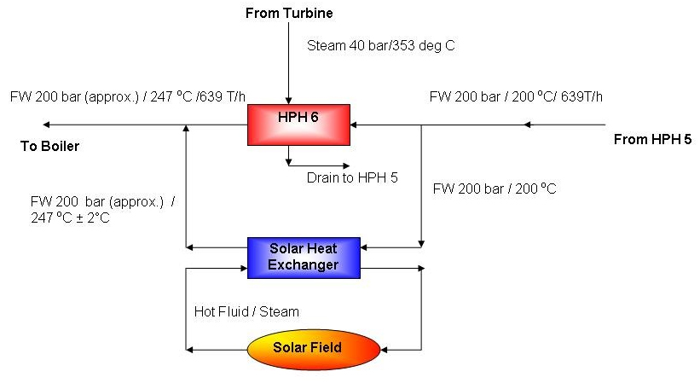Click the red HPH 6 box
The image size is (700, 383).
tap(298, 125)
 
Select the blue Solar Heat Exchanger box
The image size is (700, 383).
tap(304, 257)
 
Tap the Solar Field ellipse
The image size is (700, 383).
tap(313, 348)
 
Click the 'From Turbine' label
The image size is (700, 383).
tap(289, 13)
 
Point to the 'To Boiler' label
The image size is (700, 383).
tap(49, 147)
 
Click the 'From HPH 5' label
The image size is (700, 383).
tap(652, 140)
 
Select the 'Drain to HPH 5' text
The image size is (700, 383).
tap(352, 178)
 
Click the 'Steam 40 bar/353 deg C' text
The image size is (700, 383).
tap(381, 45)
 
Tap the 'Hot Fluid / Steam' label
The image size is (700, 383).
tap(247, 311)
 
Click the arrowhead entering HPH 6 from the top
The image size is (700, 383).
tap(289, 100)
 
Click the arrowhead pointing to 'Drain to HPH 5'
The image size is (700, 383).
tap(344, 165)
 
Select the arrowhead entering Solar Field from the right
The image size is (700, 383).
tap(385, 349)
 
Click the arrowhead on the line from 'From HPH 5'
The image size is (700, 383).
tap(528, 125)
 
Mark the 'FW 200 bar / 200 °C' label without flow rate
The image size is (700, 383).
tap(495, 189)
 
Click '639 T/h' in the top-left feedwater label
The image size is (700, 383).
tap(230, 96)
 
